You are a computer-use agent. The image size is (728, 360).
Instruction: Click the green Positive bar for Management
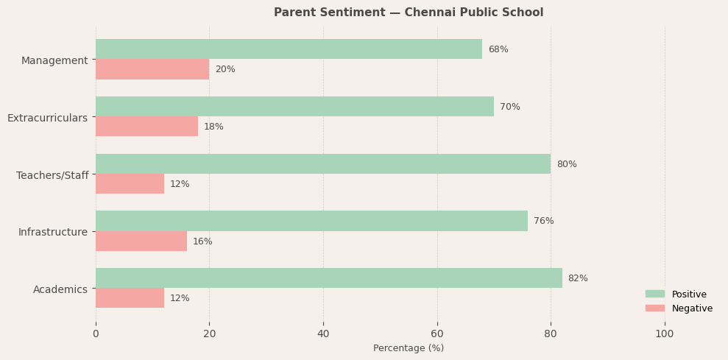289,49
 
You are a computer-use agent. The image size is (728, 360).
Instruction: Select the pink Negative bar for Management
152,69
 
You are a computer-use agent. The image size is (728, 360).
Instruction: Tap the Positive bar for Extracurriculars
294,107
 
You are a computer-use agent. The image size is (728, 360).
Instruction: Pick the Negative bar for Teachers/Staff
130,184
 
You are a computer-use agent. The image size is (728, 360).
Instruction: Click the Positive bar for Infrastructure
311,221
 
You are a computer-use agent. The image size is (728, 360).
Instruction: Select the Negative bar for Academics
130,298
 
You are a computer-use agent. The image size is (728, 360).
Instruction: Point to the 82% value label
578,278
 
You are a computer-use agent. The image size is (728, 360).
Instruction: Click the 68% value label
498,49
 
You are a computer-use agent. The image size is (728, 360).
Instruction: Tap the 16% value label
202,241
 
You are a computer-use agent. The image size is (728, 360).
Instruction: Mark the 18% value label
213,127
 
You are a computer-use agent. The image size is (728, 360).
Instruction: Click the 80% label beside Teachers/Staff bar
567,164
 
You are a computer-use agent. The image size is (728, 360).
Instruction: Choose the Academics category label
60,289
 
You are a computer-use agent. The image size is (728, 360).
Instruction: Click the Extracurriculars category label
47,118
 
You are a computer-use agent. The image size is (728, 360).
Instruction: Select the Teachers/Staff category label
52,175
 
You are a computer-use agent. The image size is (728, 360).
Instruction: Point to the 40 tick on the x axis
323,333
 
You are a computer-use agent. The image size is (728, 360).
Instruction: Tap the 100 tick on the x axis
665,333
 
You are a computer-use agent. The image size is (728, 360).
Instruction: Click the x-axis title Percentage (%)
409,348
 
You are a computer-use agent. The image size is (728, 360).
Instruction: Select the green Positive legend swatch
654,294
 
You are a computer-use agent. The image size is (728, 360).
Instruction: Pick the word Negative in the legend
692,308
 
